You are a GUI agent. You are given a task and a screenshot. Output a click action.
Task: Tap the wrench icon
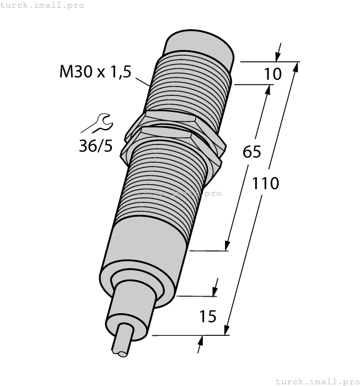pos(102,122)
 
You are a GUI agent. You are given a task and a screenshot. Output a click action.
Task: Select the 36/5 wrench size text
pos(95,146)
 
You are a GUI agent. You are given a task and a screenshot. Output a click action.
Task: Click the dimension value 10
pos(272,73)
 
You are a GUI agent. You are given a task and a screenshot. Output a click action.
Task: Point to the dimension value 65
pos(252,152)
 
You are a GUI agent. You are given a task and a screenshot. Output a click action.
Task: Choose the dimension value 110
pos(266,183)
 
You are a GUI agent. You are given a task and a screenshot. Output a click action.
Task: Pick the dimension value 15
pos(207,317)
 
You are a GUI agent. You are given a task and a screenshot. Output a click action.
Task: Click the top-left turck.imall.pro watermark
pos(42,5)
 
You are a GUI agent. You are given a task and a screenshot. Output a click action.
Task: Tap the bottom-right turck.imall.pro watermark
pos(317,381)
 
